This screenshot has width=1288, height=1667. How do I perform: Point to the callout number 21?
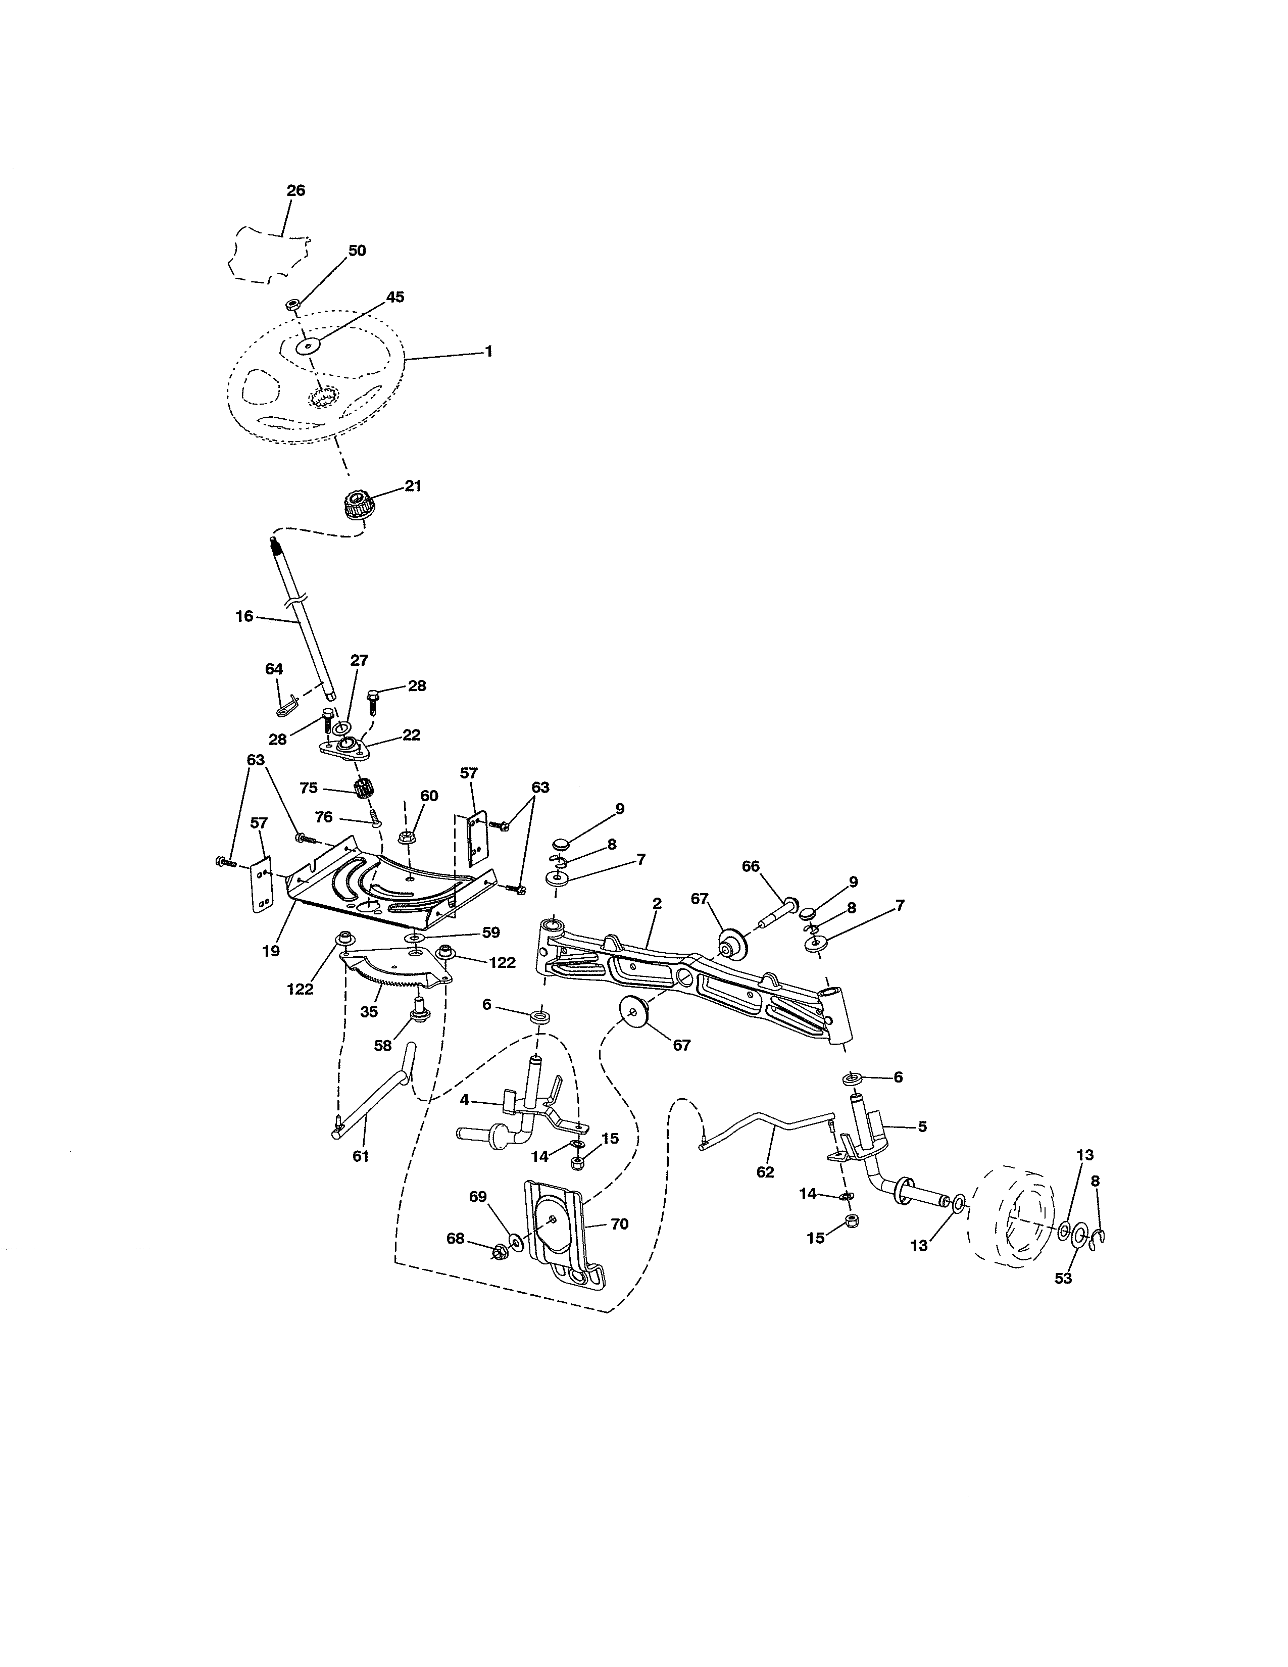(x=413, y=485)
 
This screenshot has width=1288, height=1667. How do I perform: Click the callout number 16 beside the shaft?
(x=244, y=616)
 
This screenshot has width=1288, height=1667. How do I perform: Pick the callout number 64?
(x=274, y=669)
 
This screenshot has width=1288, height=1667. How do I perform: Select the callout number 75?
(x=308, y=788)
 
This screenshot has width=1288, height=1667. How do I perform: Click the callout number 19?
(x=271, y=951)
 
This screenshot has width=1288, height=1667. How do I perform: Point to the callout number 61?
(x=360, y=1156)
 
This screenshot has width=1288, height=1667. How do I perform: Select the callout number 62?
(x=765, y=1171)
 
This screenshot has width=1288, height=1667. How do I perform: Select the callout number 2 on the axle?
(x=657, y=903)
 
